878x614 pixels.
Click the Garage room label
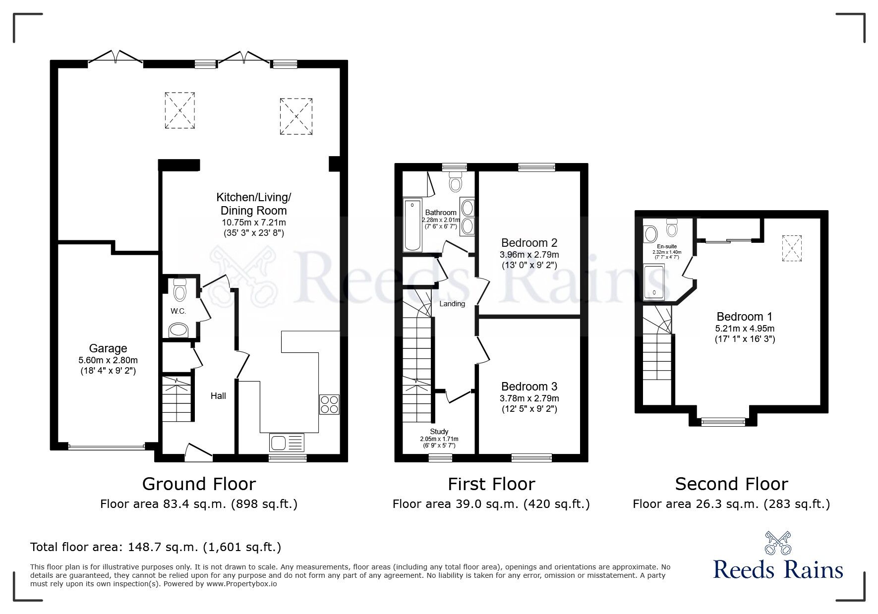(108, 348)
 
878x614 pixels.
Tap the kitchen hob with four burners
(330, 404)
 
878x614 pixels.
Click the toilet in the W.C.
(179, 289)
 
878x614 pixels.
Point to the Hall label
(218, 395)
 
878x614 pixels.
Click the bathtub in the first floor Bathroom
(412, 225)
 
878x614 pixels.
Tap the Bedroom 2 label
(529, 243)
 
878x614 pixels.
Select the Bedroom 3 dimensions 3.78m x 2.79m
(529, 398)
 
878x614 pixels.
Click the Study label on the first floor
(439, 432)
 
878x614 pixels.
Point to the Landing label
(452, 304)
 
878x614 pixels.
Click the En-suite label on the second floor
(667, 246)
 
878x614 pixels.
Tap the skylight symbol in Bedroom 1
(791, 248)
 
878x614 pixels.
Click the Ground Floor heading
(199, 484)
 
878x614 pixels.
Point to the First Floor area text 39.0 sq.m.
(491, 504)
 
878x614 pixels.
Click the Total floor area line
(156, 547)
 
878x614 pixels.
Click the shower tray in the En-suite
(654, 282)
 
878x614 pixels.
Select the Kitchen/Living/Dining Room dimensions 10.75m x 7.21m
(254, 223)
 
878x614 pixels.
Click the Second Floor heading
(731, 484)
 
